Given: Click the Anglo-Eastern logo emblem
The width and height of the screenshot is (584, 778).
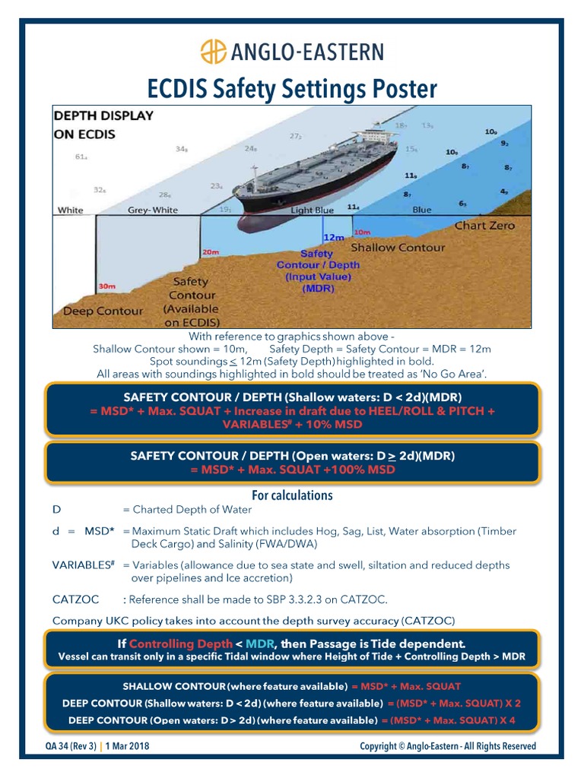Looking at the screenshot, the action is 213,52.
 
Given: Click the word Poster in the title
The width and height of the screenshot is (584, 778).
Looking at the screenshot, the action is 401,90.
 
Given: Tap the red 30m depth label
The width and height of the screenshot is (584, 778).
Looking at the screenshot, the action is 107,286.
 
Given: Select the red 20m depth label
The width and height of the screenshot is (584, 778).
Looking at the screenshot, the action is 211,251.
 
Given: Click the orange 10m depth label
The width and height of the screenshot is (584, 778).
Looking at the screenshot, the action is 362,232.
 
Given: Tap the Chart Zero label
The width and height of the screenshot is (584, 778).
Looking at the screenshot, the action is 484,226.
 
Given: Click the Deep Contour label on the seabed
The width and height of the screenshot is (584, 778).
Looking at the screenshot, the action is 103,311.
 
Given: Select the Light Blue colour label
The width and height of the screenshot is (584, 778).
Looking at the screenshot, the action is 312,210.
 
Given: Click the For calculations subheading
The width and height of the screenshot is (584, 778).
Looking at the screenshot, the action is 292,495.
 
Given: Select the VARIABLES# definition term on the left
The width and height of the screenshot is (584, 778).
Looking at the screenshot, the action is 83,565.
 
